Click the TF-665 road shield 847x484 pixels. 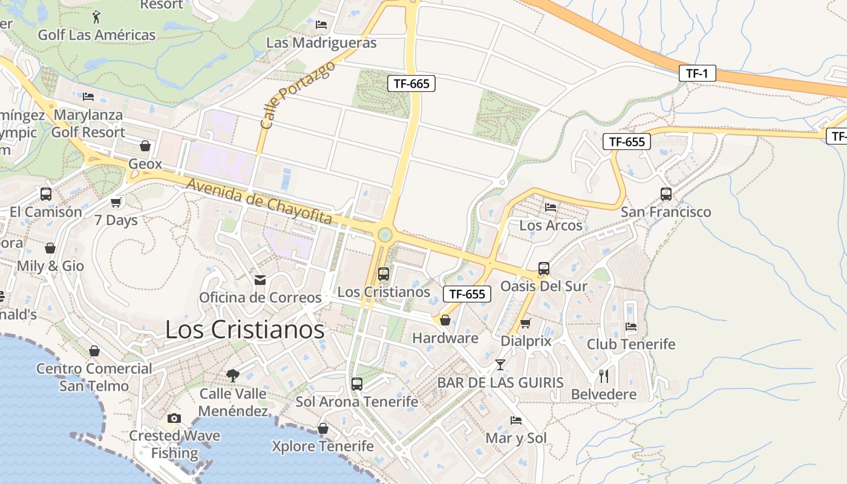point(411,84)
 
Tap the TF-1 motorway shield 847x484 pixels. point(697,73)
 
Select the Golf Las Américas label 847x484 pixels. point(97,34)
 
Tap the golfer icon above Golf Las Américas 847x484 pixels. point(96,16)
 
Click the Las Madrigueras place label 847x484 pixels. point(321,42)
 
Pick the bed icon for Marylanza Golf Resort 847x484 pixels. point(88,97)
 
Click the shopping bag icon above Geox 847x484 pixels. point(145,146)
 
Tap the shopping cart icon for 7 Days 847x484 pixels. point(116,202)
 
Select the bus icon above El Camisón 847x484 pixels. point(46,194)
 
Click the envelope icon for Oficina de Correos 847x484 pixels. point(260,280)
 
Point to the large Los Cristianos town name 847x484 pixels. point(244,330)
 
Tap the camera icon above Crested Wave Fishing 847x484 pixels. point(174,418)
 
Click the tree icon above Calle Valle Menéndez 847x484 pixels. point(233,376)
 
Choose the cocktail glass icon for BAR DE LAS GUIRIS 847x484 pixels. point(500,364)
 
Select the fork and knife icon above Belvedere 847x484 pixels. point(603,376)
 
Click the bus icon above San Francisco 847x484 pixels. point(666,194)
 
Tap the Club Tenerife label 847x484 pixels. point(631,344)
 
